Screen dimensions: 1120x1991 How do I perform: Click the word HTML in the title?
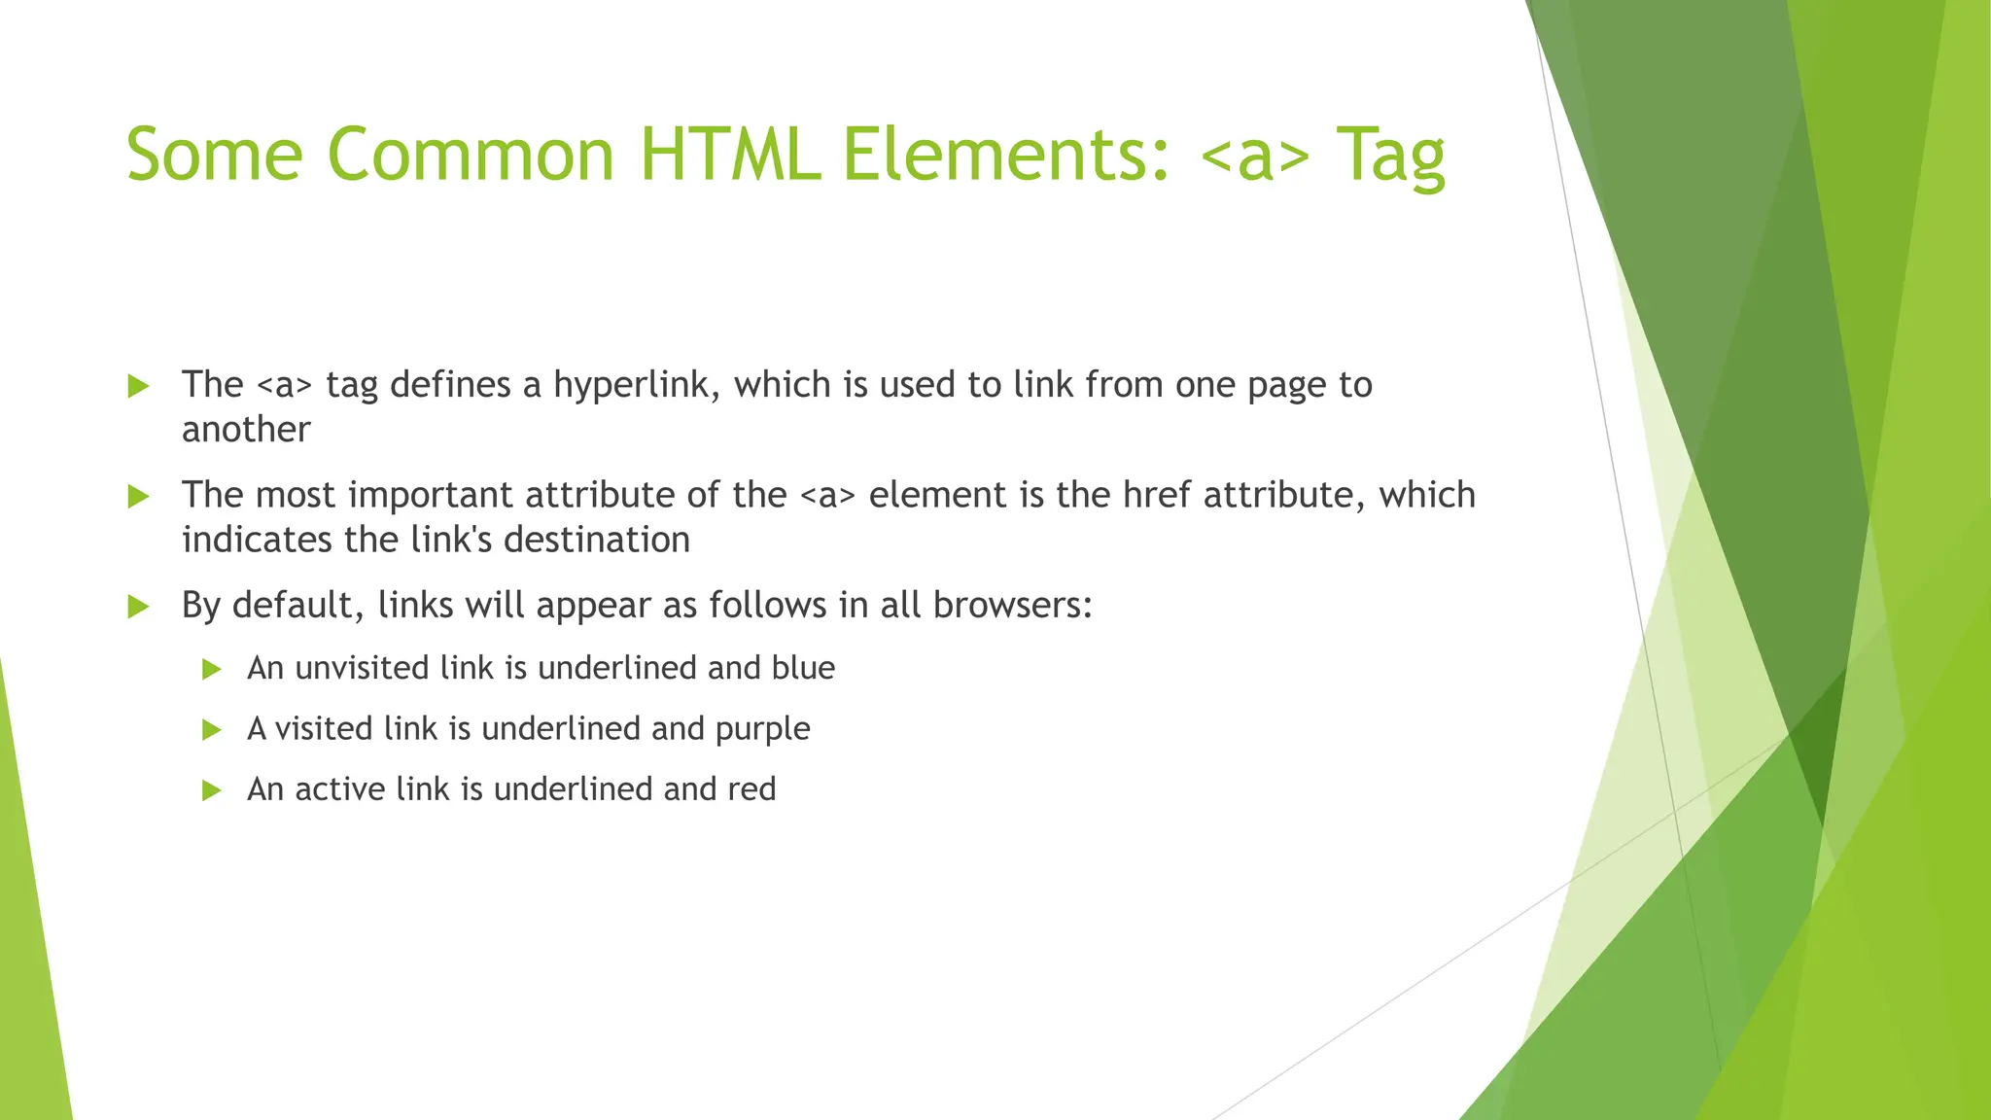(x=729, y=156)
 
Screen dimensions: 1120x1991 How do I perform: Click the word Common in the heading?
(x=470, y=156)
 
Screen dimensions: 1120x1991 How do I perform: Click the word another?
(x=246, y=430)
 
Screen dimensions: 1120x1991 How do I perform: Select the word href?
(x=1156, y=496)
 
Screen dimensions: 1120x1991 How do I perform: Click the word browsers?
(x=1011, y=606)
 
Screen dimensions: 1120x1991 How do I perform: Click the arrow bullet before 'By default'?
(x=139, y=608)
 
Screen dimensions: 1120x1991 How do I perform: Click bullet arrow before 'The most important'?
(x=139, y=497)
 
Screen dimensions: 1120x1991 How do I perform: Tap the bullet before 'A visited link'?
(x=212, y=730)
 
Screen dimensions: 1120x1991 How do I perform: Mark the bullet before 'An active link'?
(x=212, y=790)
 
